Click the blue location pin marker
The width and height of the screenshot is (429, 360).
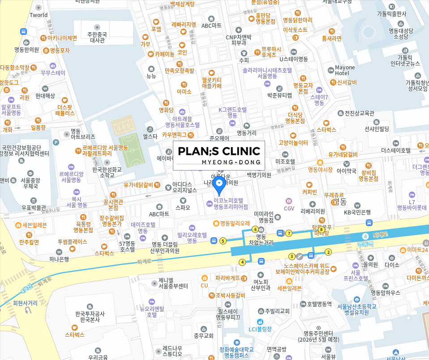pos(219,184)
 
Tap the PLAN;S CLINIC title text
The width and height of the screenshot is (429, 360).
pos(219,151)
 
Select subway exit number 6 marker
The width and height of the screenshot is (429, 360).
pos(255,229)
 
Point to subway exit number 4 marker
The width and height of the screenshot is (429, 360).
pos(243,262)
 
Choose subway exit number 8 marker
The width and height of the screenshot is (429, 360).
pos(321,229)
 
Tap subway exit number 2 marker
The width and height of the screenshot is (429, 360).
pos(328,252)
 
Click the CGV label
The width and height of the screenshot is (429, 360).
pos(289,208)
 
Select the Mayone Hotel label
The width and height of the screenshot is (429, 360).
pos(345,70)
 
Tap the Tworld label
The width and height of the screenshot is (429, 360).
pos(39,15)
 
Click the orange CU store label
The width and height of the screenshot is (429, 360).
pos(205,285)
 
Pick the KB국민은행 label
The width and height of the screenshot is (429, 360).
pos(357,212)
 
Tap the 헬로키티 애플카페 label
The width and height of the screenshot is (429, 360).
pos(212,83)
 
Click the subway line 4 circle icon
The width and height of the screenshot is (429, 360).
pos(366,236)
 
